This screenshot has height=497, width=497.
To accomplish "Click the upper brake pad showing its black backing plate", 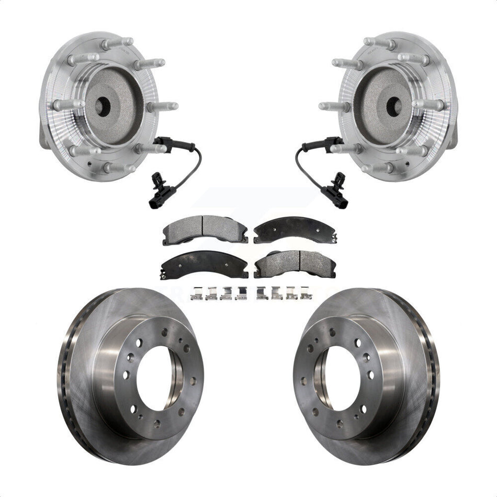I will [294, 229].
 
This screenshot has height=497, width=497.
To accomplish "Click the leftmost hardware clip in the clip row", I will [197, 292].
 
